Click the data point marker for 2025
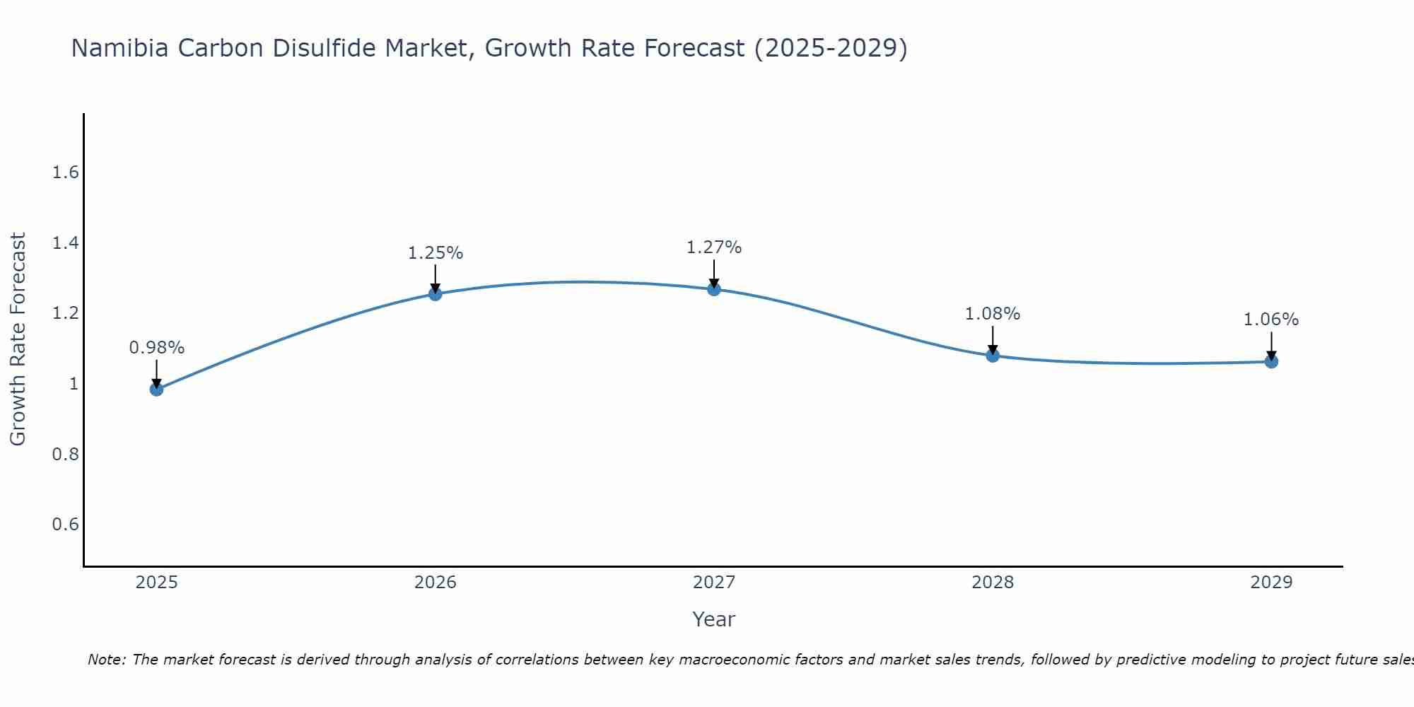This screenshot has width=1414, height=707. click(x=156, y=389)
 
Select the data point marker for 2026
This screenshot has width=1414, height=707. click(x=435, y=293)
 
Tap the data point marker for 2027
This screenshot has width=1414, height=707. click(x=713, y=288)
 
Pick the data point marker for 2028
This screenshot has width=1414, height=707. click(x=992, y=355)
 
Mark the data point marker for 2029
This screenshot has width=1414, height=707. click(x=1270, y=361)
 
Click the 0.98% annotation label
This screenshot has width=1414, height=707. click(x=156, y=348)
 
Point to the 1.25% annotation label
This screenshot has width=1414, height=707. click(x=435, y=253)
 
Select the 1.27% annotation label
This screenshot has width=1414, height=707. click(x=713, y=247)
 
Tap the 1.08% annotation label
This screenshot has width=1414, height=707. click(x=992, y=314)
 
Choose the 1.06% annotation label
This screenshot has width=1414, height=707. click(x=1270, y=320)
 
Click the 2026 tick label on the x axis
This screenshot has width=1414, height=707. click(x=435, y=583)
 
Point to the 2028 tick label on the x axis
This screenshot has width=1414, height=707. click(x=992, y=583)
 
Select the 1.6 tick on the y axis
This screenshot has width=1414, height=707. click(x=65, y=173)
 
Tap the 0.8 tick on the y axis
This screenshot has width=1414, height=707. click(x=65, y=454)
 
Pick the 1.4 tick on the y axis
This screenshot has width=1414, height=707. click(x=65, y=243)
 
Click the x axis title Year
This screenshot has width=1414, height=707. click(x=713, y=619)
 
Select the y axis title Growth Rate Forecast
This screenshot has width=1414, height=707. click(x=18, y=339)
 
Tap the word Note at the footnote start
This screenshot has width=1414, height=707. click(x=106, y=660)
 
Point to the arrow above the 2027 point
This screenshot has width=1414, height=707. click(x=713, y=273)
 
